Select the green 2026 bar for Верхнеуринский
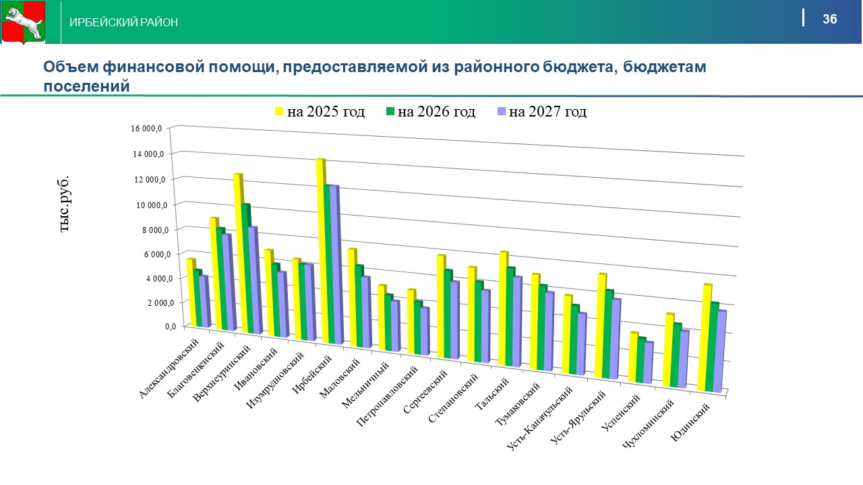point(246,269)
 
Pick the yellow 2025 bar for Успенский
point(632,357)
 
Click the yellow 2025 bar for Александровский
point(191,292)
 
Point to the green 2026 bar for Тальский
point(510,317)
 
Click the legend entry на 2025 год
point(319,111)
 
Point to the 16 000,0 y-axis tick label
point(150,128)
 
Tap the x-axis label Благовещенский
point(197,370)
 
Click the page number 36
point(829,19)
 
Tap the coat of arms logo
point(22,22)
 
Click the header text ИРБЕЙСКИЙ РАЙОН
point(124,23)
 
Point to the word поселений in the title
point(86,86)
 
